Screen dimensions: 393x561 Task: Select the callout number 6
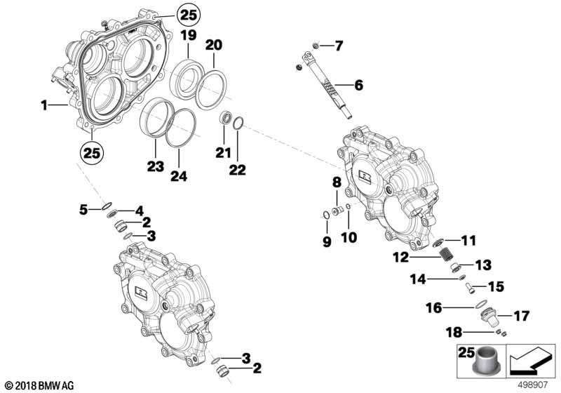pos(358,86)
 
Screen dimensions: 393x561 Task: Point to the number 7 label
pos(339,46)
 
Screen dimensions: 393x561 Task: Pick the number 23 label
pos(155,166)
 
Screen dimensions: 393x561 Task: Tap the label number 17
pos(521,316)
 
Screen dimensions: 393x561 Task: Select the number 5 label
pos(83,208)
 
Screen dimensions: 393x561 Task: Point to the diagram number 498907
pos(532,385)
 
